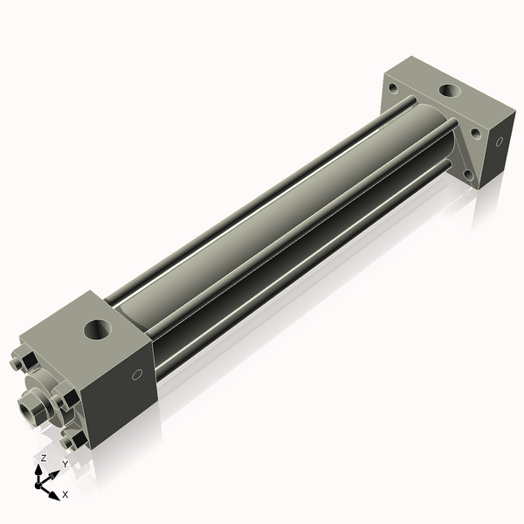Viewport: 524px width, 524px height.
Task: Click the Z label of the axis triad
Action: tap(44, 458)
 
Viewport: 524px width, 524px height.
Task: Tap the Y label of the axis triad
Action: tap(65, 464)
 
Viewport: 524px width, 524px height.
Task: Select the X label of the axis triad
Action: tap(65, 494)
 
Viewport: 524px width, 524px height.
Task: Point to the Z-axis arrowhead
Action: tap(38, 470)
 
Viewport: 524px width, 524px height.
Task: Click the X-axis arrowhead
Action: tap(54, 495)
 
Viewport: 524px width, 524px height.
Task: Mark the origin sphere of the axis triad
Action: tap(38, 485)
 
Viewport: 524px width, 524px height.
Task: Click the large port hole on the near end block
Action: tap(97, 329)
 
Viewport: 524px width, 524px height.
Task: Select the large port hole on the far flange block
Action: tap(450, 90)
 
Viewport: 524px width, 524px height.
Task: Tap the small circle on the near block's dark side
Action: tap(137, 375)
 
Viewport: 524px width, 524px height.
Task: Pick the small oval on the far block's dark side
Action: tap(500, 141)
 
